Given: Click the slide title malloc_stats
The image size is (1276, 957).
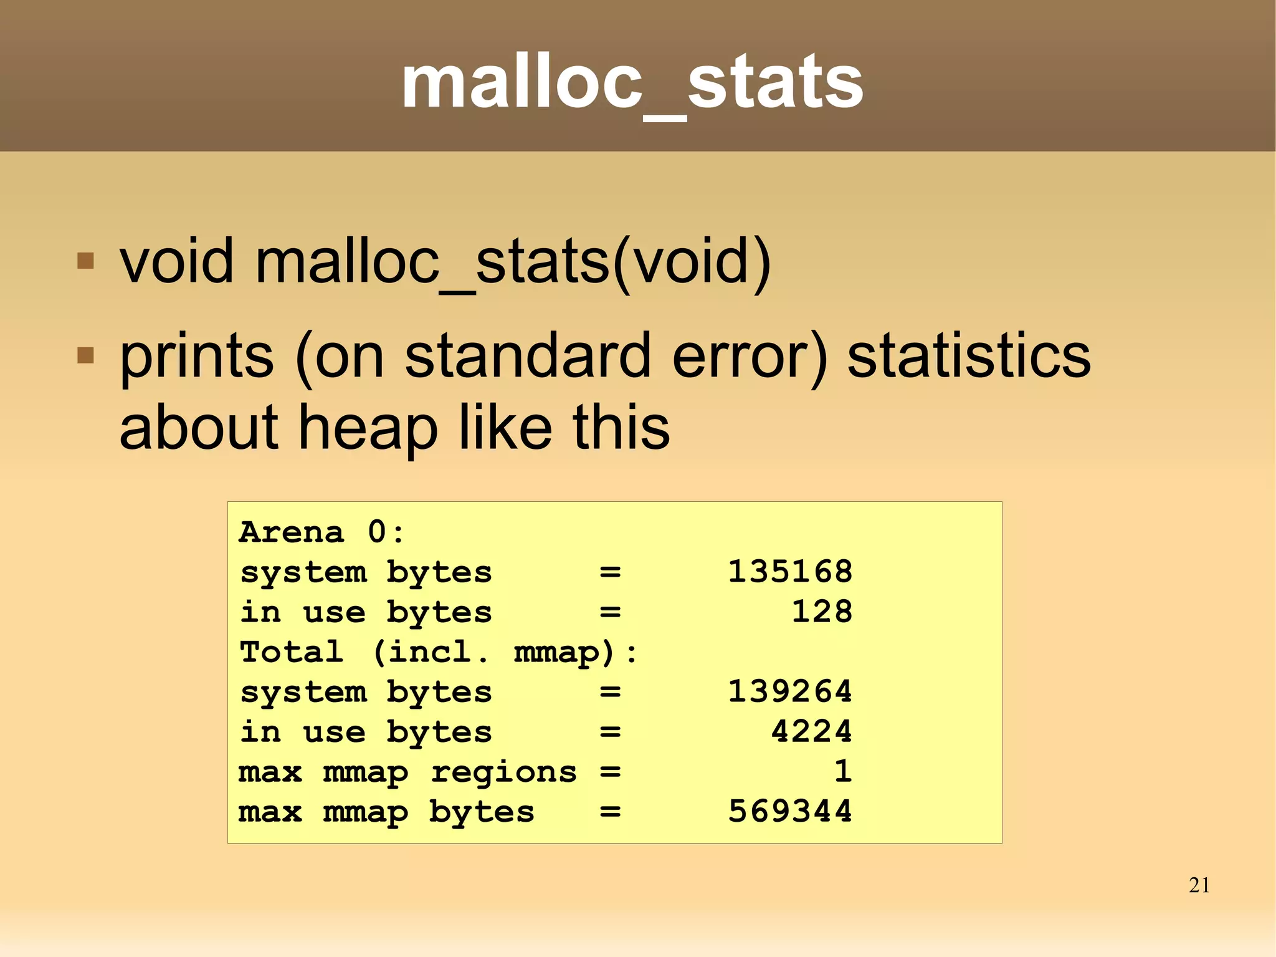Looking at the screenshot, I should coord(632,82).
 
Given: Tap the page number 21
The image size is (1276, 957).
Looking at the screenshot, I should coord(1199,885).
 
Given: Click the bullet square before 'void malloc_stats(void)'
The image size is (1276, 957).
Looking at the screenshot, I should coord(85,260).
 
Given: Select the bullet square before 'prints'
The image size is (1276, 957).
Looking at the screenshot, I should coord(85,355).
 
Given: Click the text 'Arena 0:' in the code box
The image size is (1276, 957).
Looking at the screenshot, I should coord(321,532).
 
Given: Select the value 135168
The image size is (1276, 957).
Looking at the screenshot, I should coord(790,572).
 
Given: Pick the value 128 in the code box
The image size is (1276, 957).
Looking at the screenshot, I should coord(822,612).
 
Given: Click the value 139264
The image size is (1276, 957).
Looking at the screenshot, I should coord(790,691).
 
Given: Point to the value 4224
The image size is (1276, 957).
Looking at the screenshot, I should coord(811,731).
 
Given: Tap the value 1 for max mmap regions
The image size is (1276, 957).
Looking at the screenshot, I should coord(843,771).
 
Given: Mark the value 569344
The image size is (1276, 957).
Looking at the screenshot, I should coord(790,811).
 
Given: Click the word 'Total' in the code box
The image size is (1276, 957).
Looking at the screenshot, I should coord(291,652).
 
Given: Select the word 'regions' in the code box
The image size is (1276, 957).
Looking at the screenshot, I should coord(503,772).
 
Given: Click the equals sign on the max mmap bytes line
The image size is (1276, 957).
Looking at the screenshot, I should coord(610,812).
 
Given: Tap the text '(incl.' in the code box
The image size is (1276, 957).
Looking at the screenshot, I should coord(430,652).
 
